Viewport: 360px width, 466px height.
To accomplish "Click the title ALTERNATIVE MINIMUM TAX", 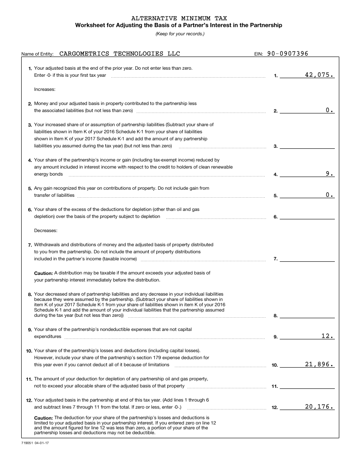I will tap(180, 18).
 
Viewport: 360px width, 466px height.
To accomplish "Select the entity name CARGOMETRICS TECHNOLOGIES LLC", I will tap(120, 54).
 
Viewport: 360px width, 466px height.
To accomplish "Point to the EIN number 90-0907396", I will tap(288, 54).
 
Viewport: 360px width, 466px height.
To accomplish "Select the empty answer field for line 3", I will tap(307, 146).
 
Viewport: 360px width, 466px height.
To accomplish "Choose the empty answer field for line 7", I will tap(307, 259).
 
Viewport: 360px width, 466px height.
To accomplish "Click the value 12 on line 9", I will tap(327, 336).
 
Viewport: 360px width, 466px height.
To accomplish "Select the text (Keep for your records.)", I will tap(180, 34).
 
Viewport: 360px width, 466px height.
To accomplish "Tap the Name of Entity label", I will tap(37, 54).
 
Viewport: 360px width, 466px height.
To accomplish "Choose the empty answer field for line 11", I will tap(307, 386).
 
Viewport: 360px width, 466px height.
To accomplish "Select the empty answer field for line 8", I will tap(307, 315).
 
